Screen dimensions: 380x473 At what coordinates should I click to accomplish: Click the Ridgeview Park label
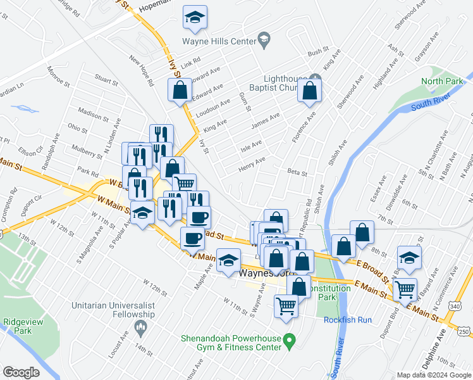(17, 326)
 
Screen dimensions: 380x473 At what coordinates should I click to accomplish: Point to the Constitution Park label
(331, 292)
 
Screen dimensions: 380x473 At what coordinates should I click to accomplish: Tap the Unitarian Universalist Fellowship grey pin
(140, 326)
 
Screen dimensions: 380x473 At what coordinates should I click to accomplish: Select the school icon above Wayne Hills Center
(195, 19)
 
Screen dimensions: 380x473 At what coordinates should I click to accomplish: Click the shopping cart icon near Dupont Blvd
(405, 289)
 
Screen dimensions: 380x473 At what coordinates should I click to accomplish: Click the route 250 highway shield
(464, 332)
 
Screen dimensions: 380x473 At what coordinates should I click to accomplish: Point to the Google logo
(21, 372)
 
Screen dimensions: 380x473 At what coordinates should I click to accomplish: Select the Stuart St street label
(106, 82)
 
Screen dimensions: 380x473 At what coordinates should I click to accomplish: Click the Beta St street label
(297, 172)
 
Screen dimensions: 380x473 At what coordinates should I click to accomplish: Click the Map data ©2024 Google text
(434, 374)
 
